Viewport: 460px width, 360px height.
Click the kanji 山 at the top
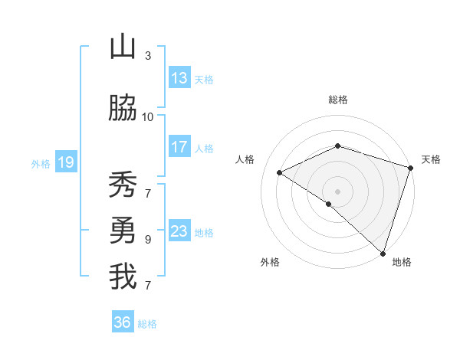click(123, 47)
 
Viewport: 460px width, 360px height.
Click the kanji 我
click(123, 277)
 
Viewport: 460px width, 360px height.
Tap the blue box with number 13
click(179, 78)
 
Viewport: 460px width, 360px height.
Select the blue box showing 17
click(179, 147)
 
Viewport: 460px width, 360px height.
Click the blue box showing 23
click(179, 231)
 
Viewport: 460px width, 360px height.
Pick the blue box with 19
click(65, 162)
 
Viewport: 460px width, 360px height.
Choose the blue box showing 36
click(123, 322)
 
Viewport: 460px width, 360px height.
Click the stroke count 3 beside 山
click(148, 55)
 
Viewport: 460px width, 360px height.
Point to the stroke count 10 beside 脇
click(148, 117)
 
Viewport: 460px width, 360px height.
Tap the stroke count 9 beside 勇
click(148, 239)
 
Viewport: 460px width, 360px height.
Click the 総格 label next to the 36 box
click(147, 324)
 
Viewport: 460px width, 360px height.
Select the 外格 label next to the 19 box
click(40, 163)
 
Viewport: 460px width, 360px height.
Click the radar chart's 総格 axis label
click(337, 100)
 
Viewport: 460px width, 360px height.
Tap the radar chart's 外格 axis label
click(270, 263)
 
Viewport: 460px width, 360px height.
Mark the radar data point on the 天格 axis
click(411, 168)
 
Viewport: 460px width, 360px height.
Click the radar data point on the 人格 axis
click(280, 173)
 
